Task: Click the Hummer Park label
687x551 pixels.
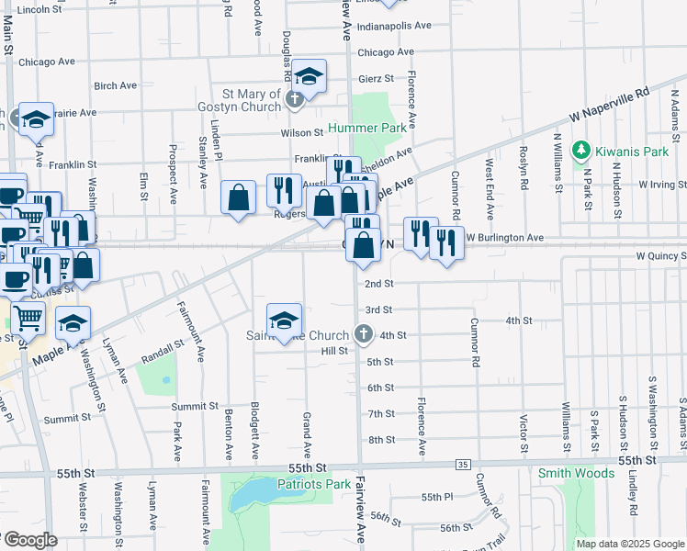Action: tap(367, 129)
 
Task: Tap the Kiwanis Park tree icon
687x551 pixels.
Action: tap(580, 149)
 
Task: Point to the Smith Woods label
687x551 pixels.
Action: tap(576, 474)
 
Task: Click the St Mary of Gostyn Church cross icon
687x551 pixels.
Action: tap(295, 99)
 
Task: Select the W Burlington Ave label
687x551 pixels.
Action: tap(504, 237)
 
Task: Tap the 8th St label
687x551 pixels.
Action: tap(381, 440)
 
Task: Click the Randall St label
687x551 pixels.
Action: tap(163, 359)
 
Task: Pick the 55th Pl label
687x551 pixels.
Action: tap(436, 497)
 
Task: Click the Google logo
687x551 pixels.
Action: tap(29, 540)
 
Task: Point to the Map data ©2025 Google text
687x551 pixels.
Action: tap(629, 544)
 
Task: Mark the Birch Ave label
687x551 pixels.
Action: tap(115, 85)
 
